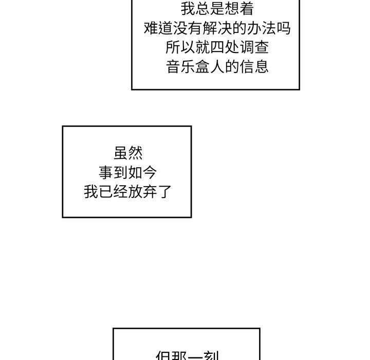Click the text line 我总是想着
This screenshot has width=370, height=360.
(x=217, y=8)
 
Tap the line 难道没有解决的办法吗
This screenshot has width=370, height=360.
(x=217, y=28)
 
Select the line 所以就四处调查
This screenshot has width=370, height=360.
(x=217, y=47)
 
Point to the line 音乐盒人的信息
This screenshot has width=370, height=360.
(x=217, y=67)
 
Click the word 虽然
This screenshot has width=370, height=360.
(x=128, y=153)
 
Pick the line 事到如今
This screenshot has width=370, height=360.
(x=128, y=172)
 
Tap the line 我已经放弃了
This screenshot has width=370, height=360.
(x=128, y=192)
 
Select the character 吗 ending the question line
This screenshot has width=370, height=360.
(x=284, y=28)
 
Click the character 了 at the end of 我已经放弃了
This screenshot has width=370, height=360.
(x=164, y=192)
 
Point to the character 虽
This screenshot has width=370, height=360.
(x=121, y=153)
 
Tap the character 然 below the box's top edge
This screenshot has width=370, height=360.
(x=136, y=153)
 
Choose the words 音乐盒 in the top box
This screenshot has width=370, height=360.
(x=188, y=67)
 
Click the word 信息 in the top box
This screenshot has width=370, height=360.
(x=254, y=67)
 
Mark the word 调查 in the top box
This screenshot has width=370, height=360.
(x=254, y=47)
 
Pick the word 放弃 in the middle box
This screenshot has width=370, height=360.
(x=143, y=192)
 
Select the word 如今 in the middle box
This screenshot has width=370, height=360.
(x=143, y=172)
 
